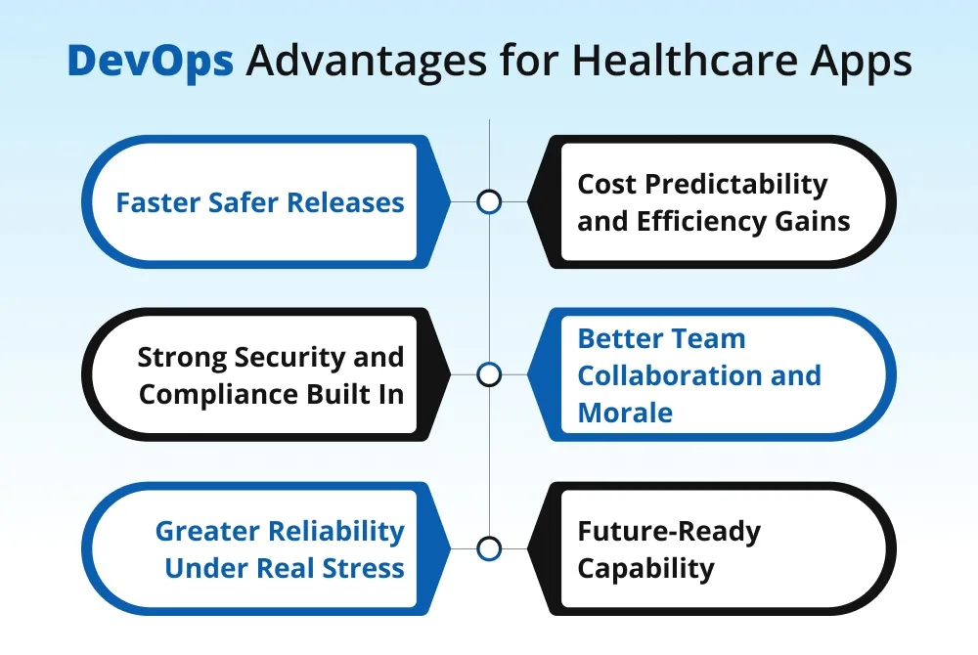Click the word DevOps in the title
pos(150,62)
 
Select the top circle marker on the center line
pos(489,202)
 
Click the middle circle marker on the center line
pos(489,374)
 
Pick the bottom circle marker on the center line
pos(489,547)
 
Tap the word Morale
pos(625,412)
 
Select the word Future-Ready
pos(669,532)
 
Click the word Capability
pos(645,569)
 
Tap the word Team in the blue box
pos(707,338)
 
